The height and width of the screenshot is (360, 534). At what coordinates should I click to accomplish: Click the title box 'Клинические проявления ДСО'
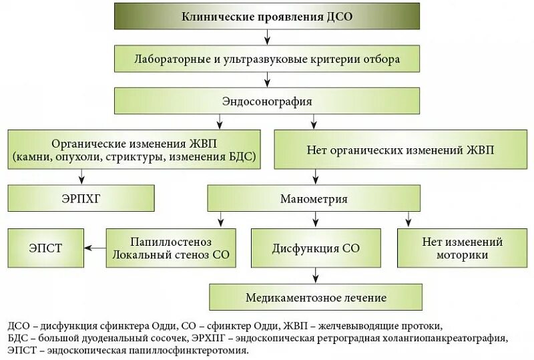tap(267, 17)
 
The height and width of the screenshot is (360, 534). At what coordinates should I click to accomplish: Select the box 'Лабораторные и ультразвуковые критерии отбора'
tap(267, 59)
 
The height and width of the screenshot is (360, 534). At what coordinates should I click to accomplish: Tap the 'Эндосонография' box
tap(267, 102)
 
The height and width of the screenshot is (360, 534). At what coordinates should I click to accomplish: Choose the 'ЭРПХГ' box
tap(81, 198)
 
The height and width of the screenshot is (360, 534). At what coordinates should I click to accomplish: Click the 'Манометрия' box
tap(314, 198)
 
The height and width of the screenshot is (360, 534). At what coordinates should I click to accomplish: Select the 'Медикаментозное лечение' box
tap(316, 297)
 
